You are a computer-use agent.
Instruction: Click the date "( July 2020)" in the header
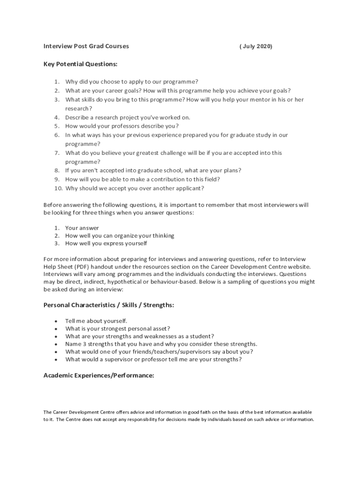(256, 46)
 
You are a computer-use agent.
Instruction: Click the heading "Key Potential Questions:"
(80, 64)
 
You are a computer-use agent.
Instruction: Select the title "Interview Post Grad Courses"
(86, 46)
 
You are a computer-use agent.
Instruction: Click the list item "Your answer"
(82, 228)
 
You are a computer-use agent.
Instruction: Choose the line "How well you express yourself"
(106, 243)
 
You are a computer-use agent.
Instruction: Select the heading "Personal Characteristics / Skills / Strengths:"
(109, 305)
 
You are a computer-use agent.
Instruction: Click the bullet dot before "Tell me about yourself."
(56, 321)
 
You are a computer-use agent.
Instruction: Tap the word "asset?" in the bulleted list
(160, 329)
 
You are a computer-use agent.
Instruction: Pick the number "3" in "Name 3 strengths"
(85, 344)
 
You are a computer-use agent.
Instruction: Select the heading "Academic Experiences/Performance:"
(99, 375)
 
